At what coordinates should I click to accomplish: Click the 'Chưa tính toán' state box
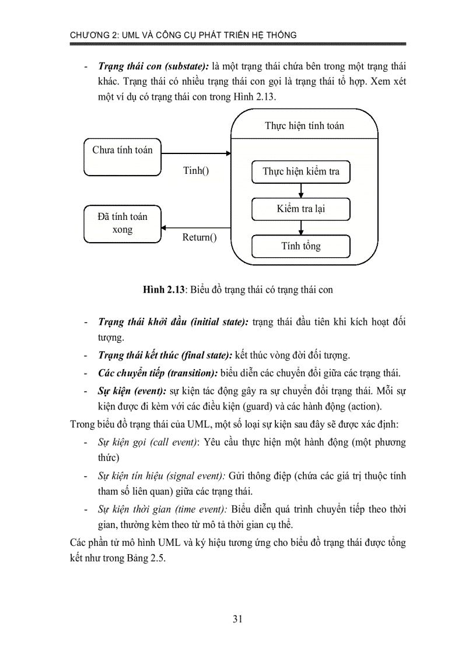(x=122, y=156)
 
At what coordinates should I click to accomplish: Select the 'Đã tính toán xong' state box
(x=122, y=223)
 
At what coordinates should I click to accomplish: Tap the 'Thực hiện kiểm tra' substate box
(x=300, y=171)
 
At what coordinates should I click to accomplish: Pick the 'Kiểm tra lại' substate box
(x=300, y=209)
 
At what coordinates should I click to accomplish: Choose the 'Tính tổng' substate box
(x=300, y=246)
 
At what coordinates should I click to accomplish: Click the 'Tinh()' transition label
(x=196, y=171)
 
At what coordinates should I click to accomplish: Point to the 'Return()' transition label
(x=199, y=237)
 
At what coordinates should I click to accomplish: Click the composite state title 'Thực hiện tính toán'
(x=304, y=125)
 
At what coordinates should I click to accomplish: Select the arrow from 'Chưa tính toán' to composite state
(x=196, y=154)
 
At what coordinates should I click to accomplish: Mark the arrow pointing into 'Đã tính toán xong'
(x=196, y=227)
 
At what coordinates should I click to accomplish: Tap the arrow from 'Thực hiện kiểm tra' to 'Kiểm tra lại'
(x=300, y=190)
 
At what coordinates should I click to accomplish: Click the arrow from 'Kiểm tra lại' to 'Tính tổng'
(x=300, y=227)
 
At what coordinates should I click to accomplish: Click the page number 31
(x=237, y=619)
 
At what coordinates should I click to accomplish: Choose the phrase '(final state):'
(x=207, y=355)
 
